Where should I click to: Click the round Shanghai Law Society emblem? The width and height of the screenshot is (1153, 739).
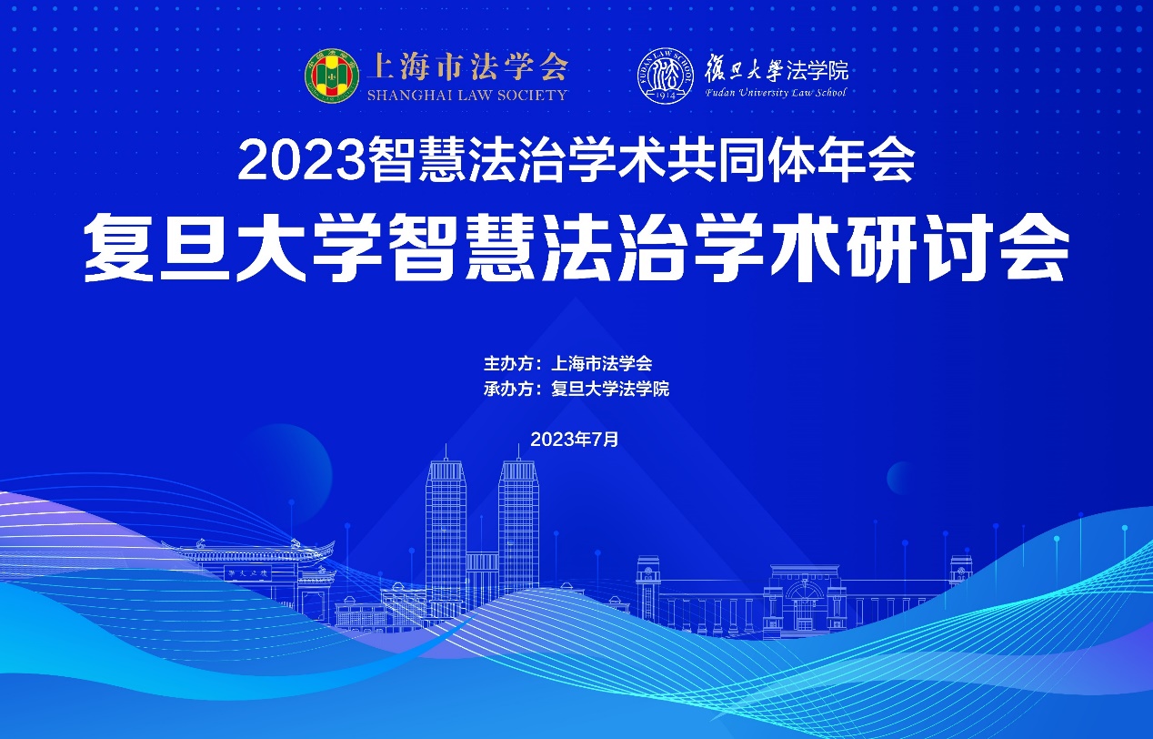click(331, 76)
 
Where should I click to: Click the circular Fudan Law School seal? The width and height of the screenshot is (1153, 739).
click(665, 76)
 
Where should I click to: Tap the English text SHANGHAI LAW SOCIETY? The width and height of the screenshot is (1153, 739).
click(466, 95)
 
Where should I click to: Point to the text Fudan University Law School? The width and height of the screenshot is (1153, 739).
click(776, 93)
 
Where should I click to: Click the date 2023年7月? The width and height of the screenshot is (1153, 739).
click(575, 439)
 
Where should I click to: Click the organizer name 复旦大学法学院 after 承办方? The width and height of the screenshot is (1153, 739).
click(610, 388)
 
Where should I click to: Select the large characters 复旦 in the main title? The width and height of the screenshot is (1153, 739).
click(156, 248)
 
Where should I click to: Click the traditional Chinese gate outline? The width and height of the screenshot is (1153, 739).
click(252, 572)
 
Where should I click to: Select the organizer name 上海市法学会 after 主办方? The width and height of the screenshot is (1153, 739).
click(602, 363)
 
